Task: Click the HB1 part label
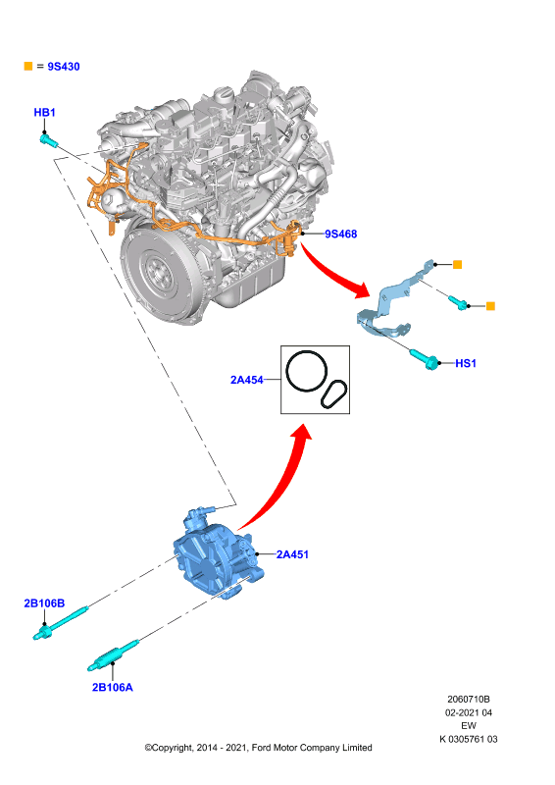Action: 44,113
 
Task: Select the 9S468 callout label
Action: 341,234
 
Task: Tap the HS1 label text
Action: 466,363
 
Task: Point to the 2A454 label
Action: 247,380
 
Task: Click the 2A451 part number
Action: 293,554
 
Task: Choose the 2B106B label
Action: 44,603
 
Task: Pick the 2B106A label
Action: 113,688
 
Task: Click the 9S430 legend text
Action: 64,67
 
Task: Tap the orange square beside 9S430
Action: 28,66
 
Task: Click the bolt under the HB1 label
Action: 49,140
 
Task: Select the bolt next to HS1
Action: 425,359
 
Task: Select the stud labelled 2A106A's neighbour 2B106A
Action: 113,656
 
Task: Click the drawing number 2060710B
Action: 469,700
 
